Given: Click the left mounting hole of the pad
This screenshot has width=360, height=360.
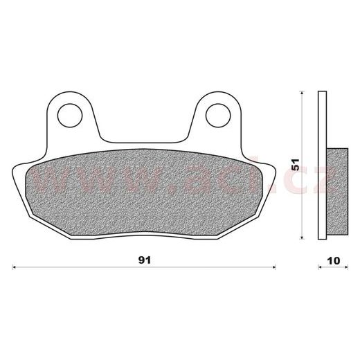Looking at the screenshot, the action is pos(70,116).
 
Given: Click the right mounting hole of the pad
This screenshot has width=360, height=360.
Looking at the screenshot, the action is pos(218,116).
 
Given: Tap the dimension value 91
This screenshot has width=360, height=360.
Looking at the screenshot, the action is pos(145,260).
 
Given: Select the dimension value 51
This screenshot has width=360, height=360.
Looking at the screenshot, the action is pos(296,165).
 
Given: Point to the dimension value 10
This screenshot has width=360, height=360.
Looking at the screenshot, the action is pos(334,261).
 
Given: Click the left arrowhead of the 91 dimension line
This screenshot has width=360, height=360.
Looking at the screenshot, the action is pos(13,267).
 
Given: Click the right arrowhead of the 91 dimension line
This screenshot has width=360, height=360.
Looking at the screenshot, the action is pos(274,267).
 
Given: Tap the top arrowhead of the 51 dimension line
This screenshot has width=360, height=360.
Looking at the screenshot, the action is pos(302,93).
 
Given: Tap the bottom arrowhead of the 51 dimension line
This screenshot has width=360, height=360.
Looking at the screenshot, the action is pos(302,237).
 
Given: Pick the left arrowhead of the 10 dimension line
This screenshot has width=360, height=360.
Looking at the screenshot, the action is pos(320,267).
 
